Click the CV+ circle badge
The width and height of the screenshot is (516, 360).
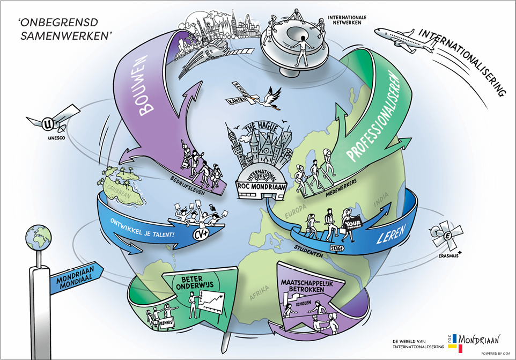click(200, 233)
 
